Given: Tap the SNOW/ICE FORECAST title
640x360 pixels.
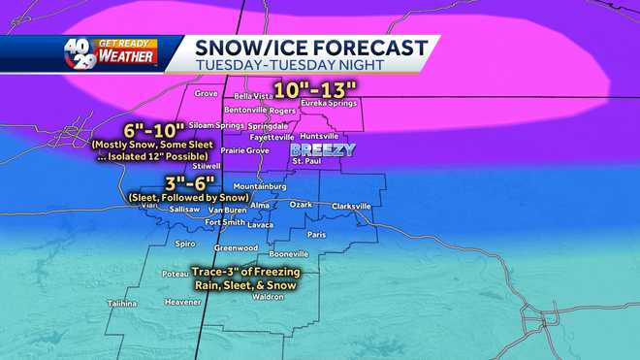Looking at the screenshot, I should (310, 47).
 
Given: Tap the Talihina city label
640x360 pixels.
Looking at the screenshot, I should (122, 303).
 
